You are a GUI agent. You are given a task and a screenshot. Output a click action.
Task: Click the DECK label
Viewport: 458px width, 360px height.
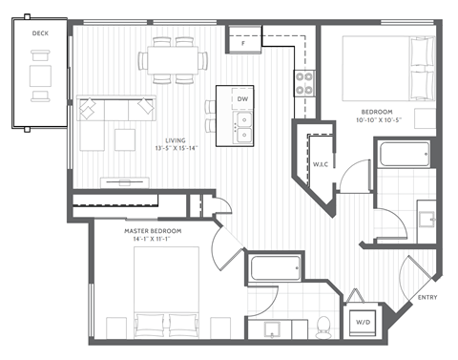click(40, 33)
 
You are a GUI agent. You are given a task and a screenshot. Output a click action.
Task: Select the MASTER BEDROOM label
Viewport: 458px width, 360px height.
click(153, 231)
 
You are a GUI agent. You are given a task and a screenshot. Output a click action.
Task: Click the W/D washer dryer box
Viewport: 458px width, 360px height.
click(364, 323)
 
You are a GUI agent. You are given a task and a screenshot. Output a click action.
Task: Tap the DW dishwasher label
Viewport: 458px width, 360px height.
click(243, 99)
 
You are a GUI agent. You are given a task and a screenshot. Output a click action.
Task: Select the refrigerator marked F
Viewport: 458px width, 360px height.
click(243, 42)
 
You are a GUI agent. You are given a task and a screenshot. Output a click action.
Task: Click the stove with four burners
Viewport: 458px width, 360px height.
click(305, 83)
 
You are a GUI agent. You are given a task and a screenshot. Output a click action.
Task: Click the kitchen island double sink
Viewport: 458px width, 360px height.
click(243, 121)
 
